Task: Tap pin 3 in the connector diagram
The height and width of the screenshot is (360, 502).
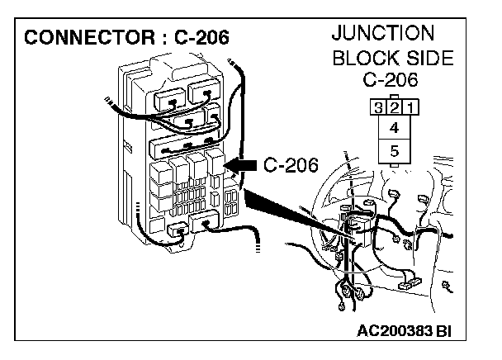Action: tap(379, 108)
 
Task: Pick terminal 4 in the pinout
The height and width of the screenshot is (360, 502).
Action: tap(393, 128)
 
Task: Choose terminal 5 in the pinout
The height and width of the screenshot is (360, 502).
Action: tap(393, 150)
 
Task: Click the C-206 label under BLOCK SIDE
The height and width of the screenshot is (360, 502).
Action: tap(392, 81)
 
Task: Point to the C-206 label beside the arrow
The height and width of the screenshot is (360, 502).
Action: tap(291, 165)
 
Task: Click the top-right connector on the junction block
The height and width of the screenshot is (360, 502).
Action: tap(205, 93)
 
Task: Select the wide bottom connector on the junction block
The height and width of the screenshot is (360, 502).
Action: tap(203, 220)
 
